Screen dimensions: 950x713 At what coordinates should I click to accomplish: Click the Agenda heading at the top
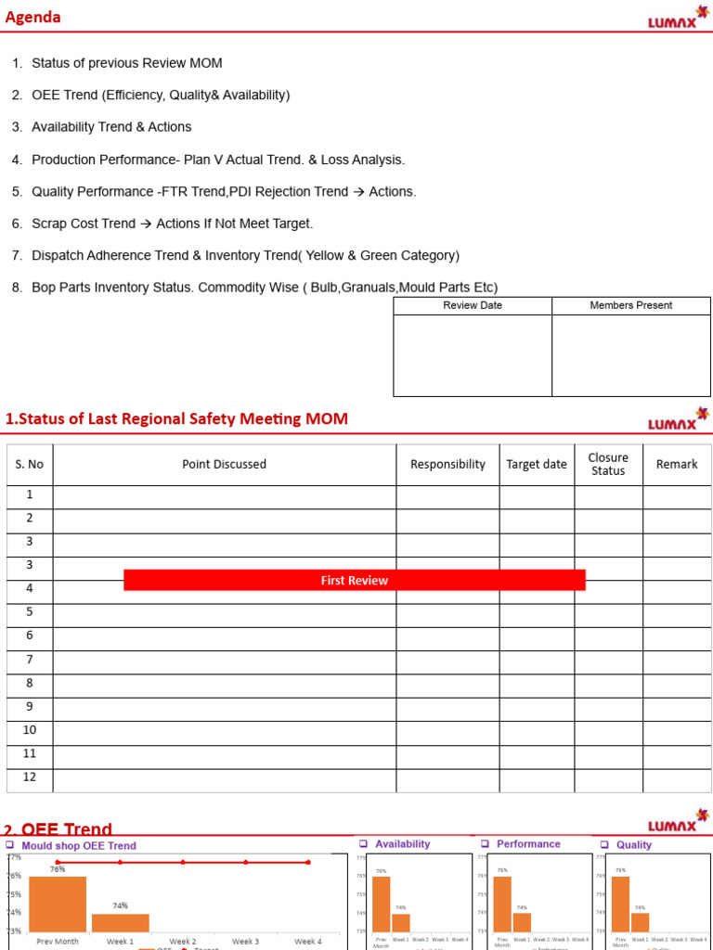point(33,18)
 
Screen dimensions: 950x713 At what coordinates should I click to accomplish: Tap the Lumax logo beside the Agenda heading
point(677,19)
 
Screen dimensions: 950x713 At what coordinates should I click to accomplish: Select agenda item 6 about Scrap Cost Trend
point(173,224)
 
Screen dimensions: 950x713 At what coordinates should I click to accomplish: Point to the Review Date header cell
point(473,305)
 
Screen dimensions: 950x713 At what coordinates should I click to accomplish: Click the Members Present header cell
point(631,305)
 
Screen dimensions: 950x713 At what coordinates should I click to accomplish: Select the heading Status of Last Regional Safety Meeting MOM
point(176,419)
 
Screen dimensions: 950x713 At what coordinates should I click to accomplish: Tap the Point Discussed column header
point(224,465)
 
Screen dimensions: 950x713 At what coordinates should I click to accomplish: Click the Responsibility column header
point(447,465)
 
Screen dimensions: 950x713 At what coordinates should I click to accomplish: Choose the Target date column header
point(536,465)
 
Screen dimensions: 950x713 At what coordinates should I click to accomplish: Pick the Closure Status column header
point(608,464)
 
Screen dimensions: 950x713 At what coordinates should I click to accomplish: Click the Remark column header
point(677,465)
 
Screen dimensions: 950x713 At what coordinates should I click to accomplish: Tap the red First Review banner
point(354,580)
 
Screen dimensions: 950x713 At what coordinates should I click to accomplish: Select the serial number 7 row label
point(30,660)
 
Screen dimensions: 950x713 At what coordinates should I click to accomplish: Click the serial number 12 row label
point(30,777)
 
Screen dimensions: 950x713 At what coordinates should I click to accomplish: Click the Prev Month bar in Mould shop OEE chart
point(58,905)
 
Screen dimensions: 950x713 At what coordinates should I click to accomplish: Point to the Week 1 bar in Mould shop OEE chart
point(121,922)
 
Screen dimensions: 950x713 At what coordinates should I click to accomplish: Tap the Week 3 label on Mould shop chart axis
point(245,942)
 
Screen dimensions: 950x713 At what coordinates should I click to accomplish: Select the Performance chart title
point(528,844)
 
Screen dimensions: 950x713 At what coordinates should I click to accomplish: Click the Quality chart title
point(634,845)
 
